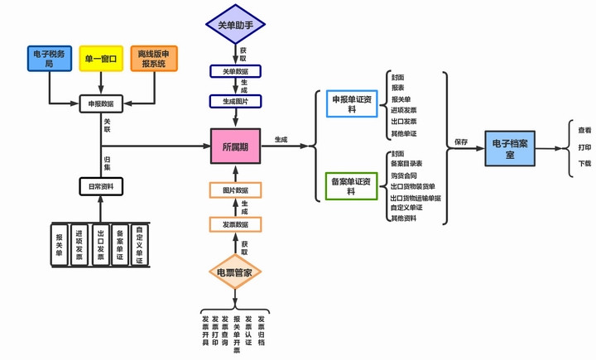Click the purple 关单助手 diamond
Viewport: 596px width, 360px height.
point(235,25)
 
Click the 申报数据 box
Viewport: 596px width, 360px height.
point(102,105)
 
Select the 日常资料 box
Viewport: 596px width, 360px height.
point(101,187)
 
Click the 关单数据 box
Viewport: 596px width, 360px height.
point(235,72)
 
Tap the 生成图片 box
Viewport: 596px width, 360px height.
point(235,101)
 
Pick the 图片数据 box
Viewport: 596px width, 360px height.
point(235,191)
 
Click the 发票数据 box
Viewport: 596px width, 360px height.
point(235,224)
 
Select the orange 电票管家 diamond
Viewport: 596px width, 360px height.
point(235,272)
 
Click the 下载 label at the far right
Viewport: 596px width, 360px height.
point(584,164)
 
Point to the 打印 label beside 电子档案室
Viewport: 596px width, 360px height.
point(584,147)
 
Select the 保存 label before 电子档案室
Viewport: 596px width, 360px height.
point(461,142)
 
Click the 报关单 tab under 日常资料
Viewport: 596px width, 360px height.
point(59,245)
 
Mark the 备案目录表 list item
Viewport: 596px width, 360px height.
point(406,164)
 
